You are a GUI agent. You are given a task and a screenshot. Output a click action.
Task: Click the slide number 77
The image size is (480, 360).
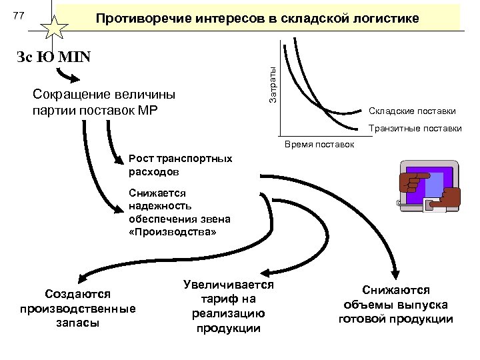click(20, 15)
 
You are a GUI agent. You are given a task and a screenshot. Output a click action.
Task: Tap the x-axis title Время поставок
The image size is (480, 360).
click(319, 145)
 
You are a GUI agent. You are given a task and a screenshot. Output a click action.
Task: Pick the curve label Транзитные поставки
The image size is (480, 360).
click(415, 128)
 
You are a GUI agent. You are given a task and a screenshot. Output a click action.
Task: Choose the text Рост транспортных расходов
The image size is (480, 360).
click(181, 165)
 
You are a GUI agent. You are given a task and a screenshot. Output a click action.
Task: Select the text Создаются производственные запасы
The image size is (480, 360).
click(77, 308)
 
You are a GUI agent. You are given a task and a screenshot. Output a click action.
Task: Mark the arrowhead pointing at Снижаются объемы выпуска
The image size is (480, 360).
click(395, 274)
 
